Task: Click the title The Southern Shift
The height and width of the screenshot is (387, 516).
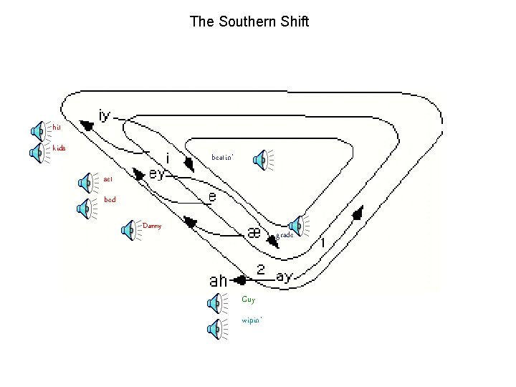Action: point(249,21)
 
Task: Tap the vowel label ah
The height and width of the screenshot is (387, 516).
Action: point(223,280)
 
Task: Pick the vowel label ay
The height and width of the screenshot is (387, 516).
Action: point(285,277)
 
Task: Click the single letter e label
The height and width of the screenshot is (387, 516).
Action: point(213,195)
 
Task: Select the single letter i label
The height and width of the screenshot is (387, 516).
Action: point(168,156)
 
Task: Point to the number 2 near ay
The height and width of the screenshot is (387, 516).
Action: point(261,270)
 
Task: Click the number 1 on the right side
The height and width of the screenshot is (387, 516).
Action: point(323,243)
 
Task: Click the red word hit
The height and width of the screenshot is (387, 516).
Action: point(57,127)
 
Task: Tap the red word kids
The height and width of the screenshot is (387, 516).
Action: point(59,148)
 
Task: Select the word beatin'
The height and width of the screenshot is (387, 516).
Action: point(222,157)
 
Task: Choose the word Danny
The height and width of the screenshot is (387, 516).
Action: point(152,226)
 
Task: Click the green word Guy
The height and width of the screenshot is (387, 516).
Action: point(249,300)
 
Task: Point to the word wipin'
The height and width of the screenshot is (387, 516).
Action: point(252,320)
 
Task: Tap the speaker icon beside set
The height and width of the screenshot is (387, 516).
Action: point(86,183)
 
